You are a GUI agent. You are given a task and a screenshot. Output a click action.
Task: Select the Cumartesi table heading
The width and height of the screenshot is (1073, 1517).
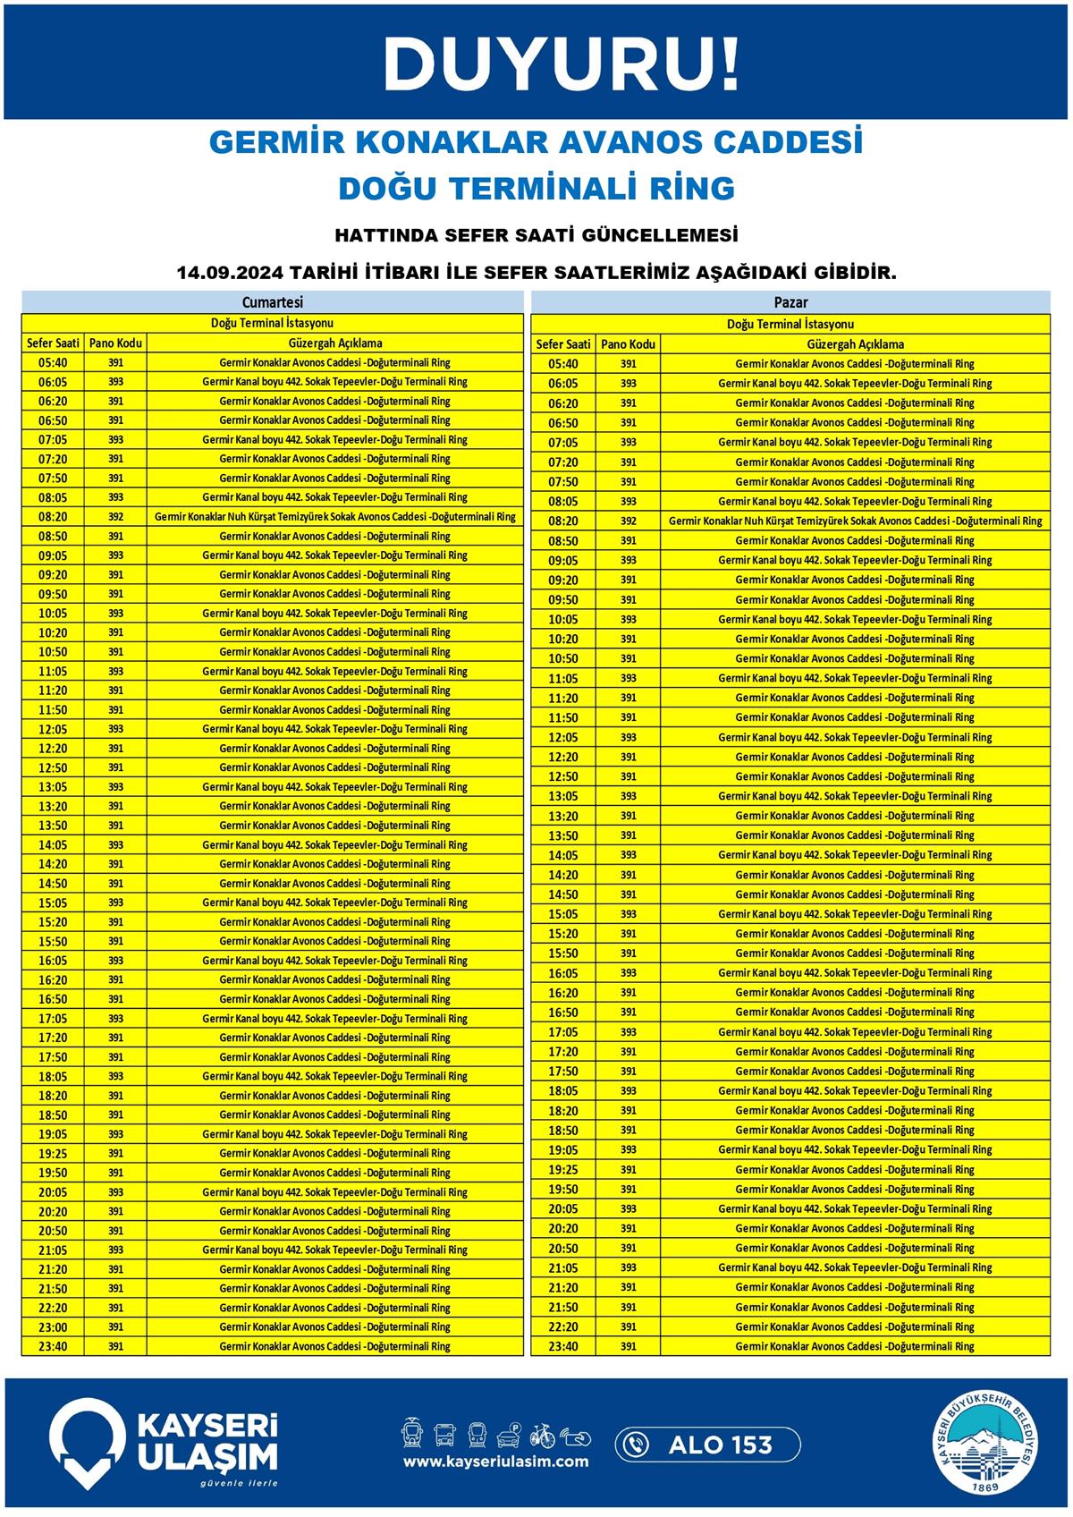272,302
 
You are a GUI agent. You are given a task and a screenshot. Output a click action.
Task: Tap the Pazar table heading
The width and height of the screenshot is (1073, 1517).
790,302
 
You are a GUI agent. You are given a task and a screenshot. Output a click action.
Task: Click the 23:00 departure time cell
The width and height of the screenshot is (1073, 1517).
53,1327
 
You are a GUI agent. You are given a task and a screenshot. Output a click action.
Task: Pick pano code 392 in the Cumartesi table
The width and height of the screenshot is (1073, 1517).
115,517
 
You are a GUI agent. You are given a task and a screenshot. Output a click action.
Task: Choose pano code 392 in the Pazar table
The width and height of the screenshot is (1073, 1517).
628,521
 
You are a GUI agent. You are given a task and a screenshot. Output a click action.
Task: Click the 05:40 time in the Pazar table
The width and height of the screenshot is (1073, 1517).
562,364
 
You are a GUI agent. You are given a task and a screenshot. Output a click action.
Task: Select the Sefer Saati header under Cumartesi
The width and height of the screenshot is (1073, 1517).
53,343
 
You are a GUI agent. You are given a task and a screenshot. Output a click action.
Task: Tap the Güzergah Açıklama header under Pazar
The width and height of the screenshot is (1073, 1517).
855,344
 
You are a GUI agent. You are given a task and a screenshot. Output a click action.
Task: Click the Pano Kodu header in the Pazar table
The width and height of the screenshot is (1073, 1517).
628,344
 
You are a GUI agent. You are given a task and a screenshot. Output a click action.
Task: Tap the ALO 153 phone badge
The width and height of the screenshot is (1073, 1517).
707,1445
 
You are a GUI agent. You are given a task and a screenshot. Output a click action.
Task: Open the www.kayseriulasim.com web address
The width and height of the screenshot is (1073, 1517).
495,1462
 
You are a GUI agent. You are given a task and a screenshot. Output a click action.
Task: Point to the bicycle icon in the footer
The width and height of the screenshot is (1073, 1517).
543,1436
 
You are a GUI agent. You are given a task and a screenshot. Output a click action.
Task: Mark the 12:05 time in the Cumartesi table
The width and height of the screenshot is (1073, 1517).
53,729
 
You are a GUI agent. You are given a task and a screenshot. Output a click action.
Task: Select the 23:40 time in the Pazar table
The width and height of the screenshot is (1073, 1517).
562,1347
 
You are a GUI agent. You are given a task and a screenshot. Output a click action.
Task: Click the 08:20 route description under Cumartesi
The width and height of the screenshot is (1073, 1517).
334,517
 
